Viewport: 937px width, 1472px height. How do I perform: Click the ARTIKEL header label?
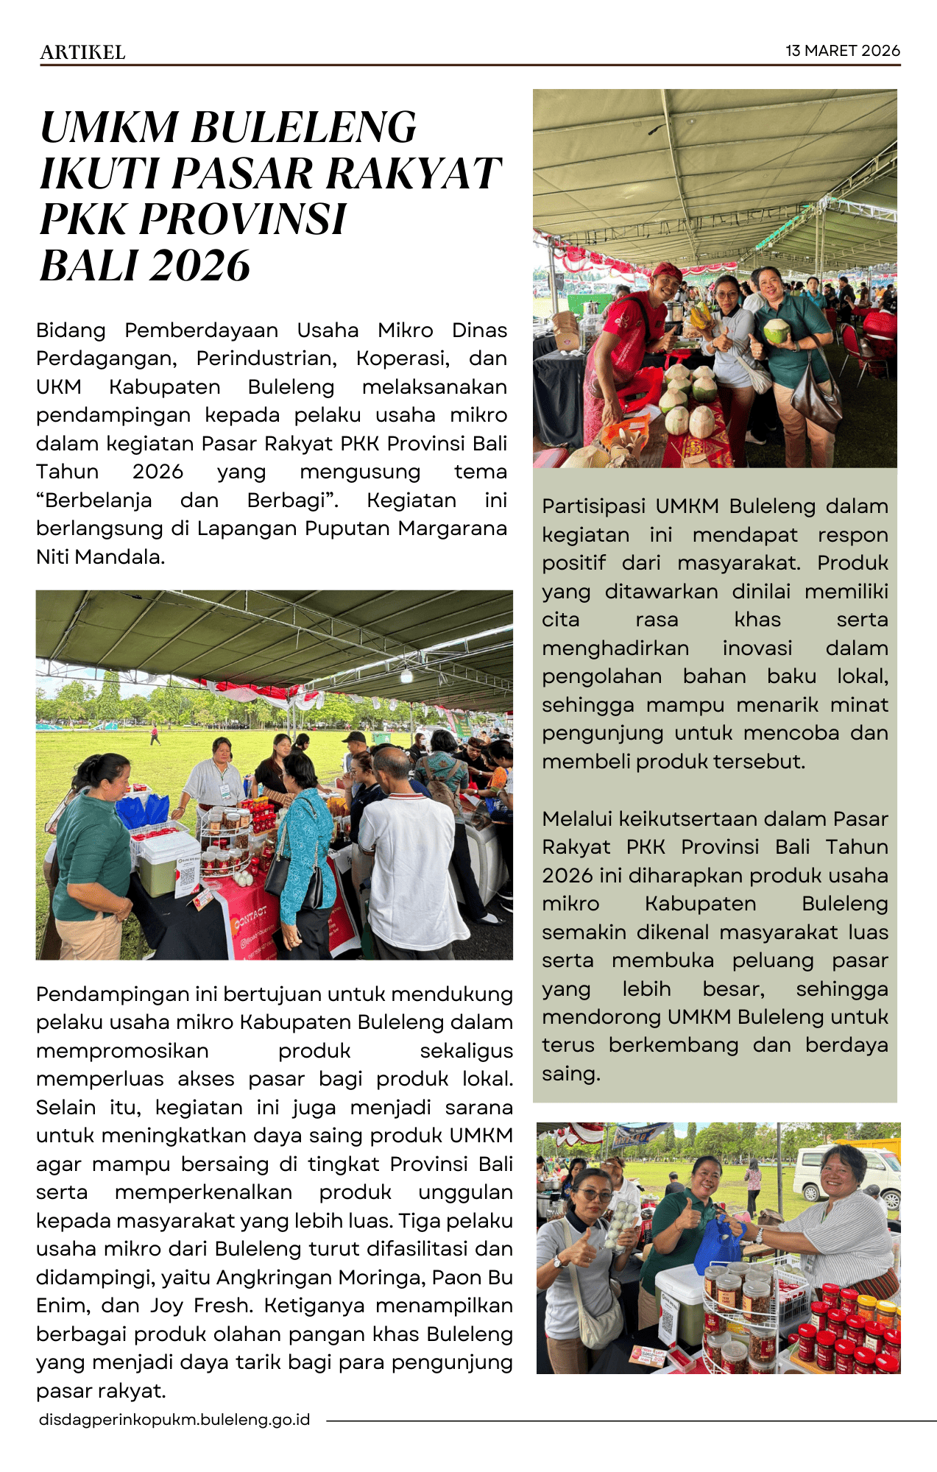(82, 52)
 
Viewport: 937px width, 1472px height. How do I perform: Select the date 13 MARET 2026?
(842, 51)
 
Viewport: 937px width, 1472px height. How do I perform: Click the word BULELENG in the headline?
(304, 127)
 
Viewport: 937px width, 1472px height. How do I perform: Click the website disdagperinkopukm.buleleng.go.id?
(174, 1419)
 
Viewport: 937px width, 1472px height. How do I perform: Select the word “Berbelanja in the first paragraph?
(94, 500)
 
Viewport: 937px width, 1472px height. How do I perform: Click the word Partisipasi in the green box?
(595, 506)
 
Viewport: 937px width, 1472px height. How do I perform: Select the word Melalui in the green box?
(577, 818)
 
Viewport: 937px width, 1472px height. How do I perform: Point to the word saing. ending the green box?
(571, 1073)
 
